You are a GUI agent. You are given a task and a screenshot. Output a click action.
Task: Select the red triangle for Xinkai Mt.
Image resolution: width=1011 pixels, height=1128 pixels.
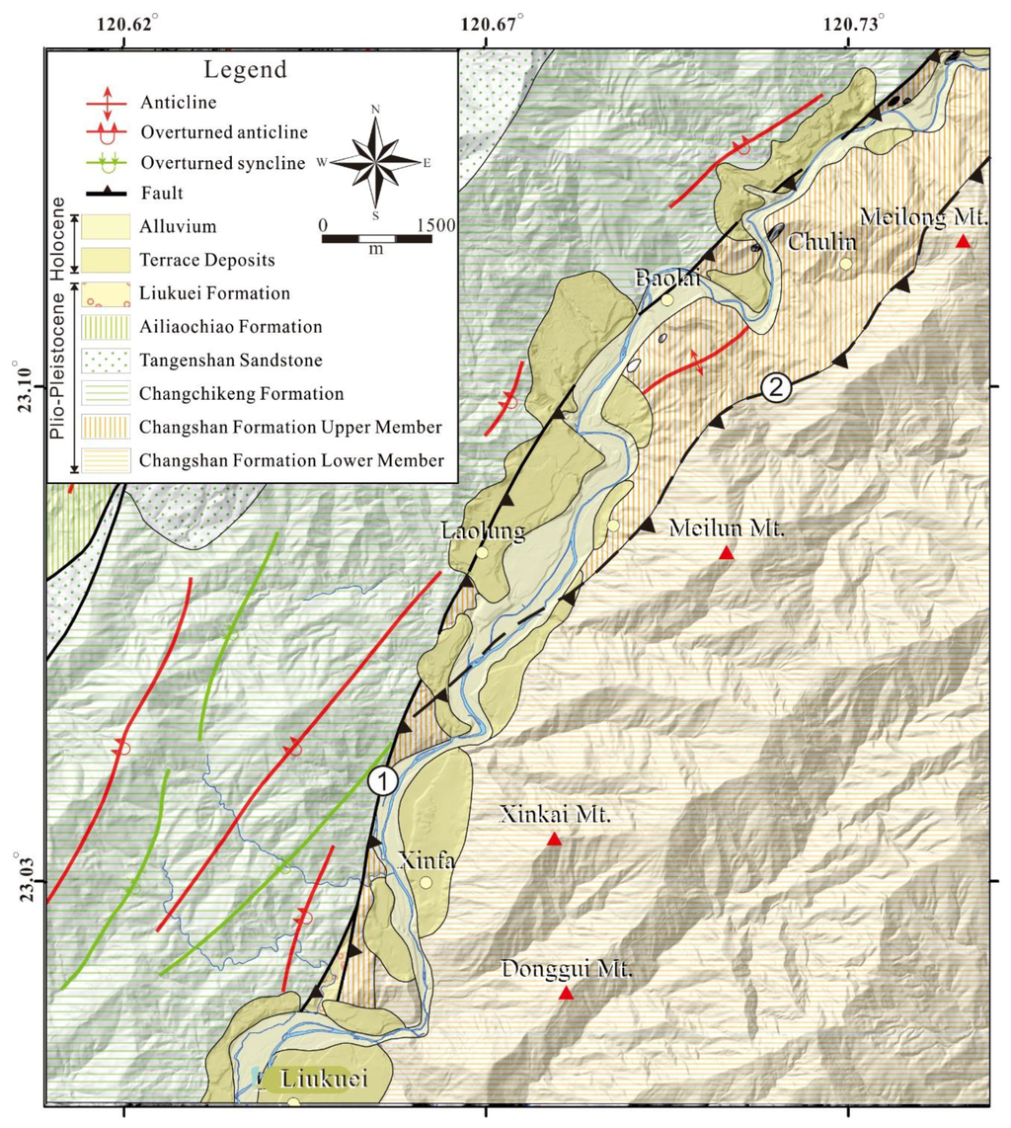click(x=554, y=840)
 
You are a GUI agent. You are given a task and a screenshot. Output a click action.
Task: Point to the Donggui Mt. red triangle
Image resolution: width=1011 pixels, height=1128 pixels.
click(x=566, y=993)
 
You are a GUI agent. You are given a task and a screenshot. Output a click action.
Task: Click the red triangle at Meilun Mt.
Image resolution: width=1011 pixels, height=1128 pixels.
click(x=727, y=553)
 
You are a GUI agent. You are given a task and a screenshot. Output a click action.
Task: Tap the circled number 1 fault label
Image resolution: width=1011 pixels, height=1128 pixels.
click(x=383, y=780)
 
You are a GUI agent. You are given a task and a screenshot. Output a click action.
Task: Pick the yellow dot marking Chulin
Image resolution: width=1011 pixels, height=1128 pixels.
click(x=845, y=264)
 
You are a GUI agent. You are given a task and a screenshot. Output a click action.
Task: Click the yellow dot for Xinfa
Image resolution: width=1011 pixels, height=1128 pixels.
click(x=426, y=882)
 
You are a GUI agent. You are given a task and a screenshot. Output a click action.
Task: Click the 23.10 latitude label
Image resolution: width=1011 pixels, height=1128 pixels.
click(x=27, y=387)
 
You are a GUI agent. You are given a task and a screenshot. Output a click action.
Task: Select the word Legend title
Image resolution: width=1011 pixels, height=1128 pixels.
click(x=244, y=70)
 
